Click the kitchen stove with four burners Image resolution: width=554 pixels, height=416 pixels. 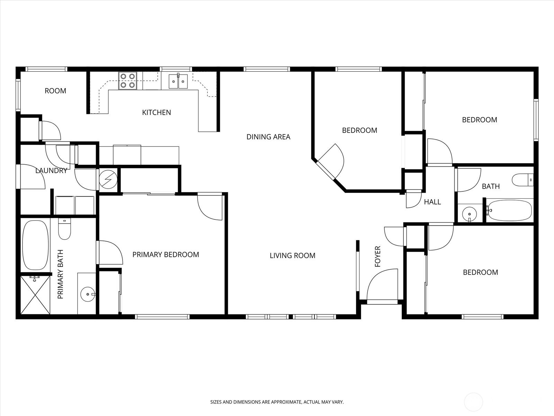point(127,80)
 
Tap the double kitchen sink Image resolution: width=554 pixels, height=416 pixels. point(178,81)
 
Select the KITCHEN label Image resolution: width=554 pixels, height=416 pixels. point(157,112)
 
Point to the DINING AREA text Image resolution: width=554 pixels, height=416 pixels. point(268,137)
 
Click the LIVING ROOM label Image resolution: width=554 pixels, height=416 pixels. point(293,255)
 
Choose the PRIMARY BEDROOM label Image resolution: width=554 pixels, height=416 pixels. point(166,254)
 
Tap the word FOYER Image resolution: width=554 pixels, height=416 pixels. point(377,257)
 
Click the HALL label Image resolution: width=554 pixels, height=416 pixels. point(432,202)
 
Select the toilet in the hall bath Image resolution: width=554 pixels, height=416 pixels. point(523,180)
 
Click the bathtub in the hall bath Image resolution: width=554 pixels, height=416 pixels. point(510,210)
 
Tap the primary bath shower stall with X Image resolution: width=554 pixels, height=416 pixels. point(35,295)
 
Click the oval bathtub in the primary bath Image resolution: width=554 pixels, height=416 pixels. point(35,245)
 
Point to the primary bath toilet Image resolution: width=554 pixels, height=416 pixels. point(65,228)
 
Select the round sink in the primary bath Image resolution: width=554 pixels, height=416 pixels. point(88,294)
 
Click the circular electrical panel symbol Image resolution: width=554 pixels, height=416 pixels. point(108,179)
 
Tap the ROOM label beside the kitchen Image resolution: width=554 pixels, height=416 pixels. point(55,91)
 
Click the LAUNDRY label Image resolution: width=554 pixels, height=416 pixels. point(51,171)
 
